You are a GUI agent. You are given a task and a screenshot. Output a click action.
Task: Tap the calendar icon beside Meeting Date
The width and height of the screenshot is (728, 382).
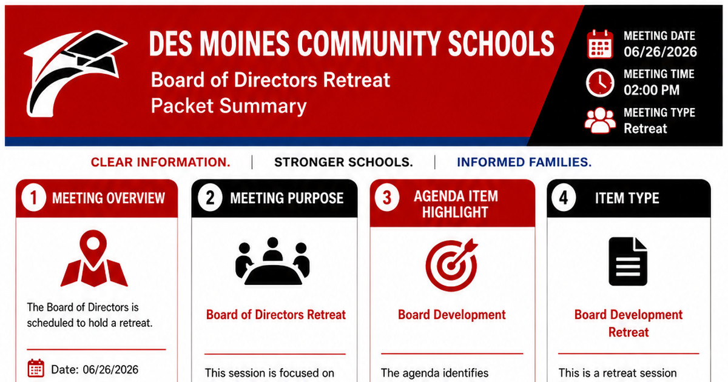600,44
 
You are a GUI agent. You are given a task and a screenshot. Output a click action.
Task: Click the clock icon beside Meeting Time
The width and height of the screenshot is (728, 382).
600,82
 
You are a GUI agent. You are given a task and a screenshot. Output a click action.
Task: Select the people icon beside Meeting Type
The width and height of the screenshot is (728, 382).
600,121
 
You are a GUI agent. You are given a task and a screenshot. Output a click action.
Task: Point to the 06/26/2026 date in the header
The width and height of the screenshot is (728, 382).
660,52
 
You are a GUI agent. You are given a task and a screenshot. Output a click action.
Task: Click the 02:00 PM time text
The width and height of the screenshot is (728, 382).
652,90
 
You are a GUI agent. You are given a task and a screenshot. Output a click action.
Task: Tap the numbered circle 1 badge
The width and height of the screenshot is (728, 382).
33,198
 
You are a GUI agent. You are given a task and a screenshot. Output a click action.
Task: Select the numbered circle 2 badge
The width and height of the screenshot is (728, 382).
210,198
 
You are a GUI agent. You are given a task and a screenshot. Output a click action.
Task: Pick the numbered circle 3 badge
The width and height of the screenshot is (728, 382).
387,198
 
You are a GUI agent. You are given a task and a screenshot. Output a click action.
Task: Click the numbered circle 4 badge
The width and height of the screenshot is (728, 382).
564,198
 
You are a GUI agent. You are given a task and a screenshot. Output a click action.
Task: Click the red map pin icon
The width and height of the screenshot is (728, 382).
93,258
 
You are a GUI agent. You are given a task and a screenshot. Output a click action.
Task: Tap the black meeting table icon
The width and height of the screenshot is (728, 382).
272,261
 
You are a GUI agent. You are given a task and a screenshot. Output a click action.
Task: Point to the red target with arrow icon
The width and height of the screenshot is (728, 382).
452,265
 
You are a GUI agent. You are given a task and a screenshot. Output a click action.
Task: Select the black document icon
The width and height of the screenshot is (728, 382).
628,261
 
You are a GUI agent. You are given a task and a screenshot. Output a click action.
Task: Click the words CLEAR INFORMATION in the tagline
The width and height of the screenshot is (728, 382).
160,162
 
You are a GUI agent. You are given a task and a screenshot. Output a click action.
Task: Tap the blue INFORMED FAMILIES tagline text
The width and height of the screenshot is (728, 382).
524,162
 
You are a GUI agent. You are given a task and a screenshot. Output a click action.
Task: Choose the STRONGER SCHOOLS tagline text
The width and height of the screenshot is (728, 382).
343,162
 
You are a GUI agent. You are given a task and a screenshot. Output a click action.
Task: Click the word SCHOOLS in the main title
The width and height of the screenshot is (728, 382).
501,44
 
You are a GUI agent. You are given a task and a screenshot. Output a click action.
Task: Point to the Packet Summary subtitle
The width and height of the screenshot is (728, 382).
229,106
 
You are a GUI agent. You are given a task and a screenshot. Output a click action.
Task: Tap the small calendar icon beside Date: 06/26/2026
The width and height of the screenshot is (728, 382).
36,368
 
